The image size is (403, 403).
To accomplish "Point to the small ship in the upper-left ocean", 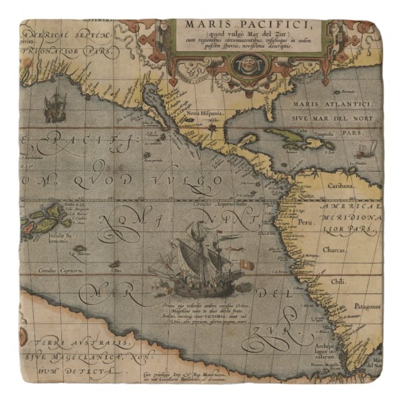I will click(54, 107).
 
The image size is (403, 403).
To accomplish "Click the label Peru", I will click(305, 223).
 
